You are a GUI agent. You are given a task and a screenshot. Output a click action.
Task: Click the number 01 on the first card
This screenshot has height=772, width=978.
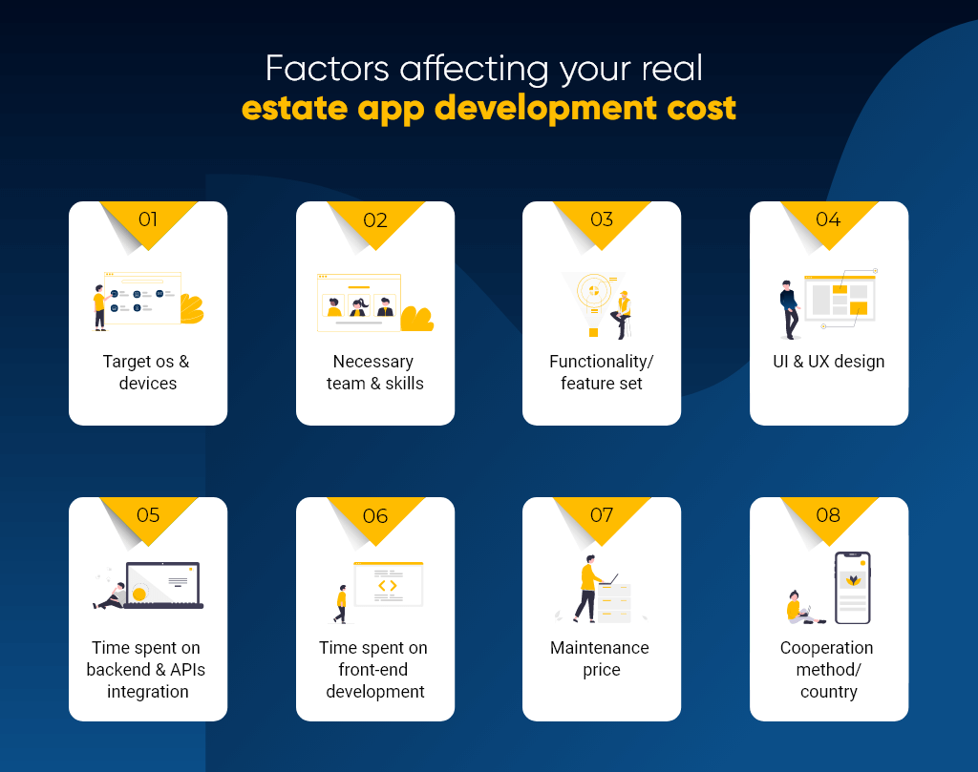pos(148,219)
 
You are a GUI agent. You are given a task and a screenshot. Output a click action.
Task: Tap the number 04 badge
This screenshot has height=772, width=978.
pos(828,219)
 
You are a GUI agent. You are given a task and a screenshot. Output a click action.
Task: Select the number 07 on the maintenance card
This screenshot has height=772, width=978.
pos(602,515)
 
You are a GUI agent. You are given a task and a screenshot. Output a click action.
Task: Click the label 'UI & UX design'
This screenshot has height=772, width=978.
pos(828,362)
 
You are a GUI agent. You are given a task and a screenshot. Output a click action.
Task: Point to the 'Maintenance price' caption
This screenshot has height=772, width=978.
pos(602,658)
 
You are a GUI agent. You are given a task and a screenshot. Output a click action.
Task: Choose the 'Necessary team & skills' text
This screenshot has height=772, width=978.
pos(375,372)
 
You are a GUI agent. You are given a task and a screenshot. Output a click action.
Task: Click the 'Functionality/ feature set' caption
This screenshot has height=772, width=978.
pos(602,372)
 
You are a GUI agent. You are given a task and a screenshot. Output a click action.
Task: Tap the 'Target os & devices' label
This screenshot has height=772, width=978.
pos(148,372)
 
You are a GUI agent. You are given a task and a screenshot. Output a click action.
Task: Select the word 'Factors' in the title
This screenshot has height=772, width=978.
pos(326,68)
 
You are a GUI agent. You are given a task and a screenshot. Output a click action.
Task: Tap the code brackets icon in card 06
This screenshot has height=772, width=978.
pos(387,585)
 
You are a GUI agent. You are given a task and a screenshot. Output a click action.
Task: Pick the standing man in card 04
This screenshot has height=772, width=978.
pos(788,308)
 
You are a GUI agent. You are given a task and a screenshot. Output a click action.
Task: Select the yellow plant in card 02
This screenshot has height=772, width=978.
pos(416,319)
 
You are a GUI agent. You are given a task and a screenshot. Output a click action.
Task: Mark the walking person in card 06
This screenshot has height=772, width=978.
pos(340,603)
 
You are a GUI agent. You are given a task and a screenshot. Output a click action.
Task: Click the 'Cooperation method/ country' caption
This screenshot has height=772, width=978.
pos(828,669)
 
